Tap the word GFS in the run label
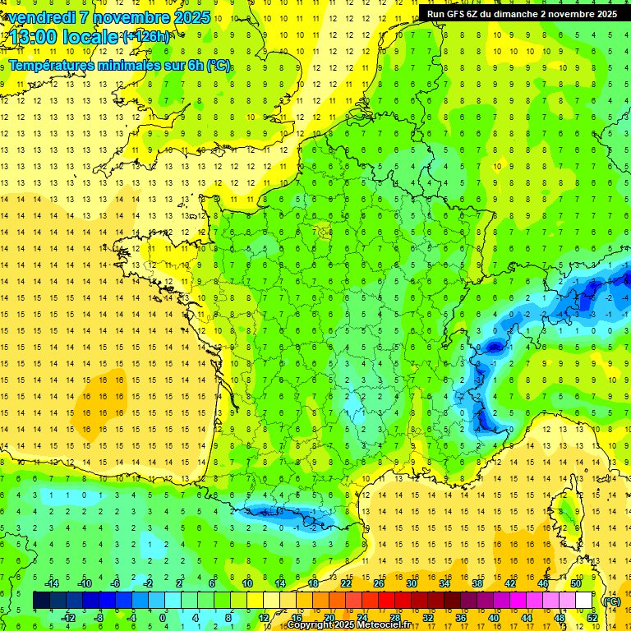[455, 13]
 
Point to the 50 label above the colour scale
[576, 583]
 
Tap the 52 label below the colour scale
[592, 617]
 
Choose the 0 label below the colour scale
[163, 617]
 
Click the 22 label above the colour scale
[346, 583]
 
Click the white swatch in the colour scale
[584, 601]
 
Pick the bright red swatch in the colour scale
[387, 601]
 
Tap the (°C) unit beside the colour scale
[611, 601]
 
